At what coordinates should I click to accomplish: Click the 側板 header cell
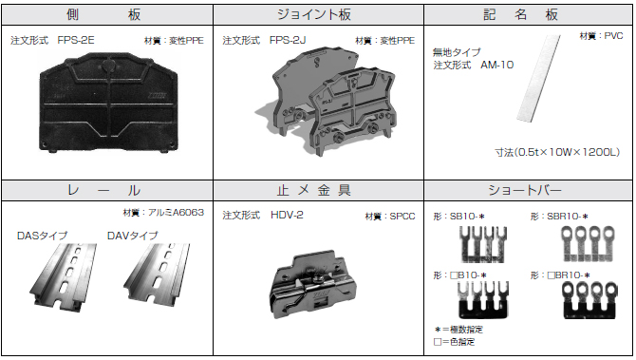[x=106, y=15]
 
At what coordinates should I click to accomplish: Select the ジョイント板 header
[x=317, y=15]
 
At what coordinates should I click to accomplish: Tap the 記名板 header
[x=528, y=15]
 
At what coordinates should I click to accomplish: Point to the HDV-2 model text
[x=287, y=216]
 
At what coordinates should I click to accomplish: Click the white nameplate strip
[x=537, y=85]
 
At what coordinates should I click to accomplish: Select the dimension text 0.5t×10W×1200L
[x=557, y=151]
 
